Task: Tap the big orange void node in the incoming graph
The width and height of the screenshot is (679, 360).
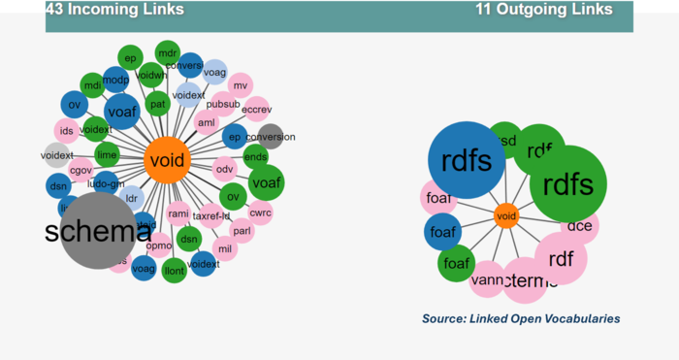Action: point(167,162)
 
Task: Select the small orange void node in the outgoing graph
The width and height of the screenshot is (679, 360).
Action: point(505,216)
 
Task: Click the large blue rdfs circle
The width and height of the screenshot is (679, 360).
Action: point(467,160)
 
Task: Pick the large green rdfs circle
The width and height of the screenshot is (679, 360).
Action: point(568,183)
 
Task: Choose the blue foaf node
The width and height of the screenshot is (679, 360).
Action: point(443,233)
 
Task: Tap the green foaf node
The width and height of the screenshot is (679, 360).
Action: point(455,263)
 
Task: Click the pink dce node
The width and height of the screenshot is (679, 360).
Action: point(580,226)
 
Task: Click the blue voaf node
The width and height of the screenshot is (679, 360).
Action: point(121,112)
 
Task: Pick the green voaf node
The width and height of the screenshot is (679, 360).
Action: point(265,181)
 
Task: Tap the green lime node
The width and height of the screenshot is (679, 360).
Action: point(108,155)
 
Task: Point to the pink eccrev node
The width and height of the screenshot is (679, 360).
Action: point(256,110)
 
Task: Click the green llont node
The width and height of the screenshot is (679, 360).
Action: point(175,269)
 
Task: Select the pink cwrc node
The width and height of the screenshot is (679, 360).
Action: point(260,212)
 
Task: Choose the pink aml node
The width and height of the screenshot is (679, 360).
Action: point(207,123)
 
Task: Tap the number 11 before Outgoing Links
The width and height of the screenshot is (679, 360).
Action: point(484,10)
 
